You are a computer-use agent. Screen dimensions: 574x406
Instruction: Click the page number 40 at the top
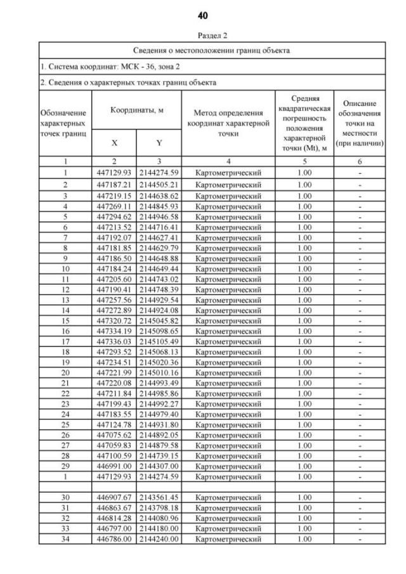(x=203, y=15)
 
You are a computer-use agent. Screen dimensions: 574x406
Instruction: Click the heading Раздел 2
(x=203, y=36)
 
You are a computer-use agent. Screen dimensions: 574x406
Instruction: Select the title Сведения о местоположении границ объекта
(x=203, y=51)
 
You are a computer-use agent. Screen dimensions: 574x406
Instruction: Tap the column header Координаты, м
(x=137, y=110)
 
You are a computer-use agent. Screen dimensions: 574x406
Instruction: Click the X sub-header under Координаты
(x=114, y=143)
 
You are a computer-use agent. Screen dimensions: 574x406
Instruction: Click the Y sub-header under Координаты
(x=159, y=143)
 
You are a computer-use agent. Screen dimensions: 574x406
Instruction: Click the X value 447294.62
(x=114, y=217)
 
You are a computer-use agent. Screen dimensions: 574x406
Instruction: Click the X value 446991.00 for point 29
(x=114, y=466)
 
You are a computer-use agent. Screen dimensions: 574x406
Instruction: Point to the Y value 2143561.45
(x=159, y=497)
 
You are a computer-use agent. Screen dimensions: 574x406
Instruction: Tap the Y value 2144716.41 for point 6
(x=159, y=227)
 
